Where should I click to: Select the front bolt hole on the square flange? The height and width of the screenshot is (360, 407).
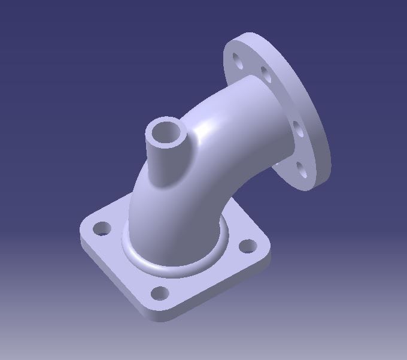[160, 294]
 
